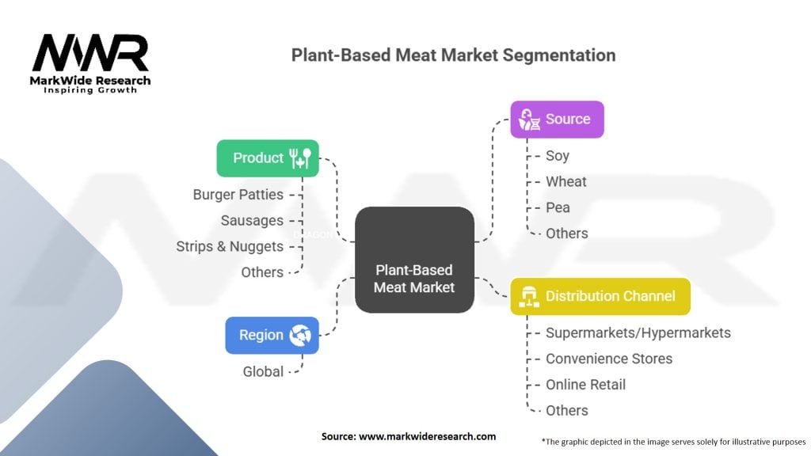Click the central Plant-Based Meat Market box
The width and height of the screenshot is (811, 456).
click(414, 260)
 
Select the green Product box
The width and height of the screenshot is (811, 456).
click(268, 158)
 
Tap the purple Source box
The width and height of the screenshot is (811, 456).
click(557, 120)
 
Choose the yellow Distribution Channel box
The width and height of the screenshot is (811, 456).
click(600, 296)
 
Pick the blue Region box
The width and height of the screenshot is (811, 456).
click(272, 335)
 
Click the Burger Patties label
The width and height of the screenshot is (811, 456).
click(238, 195)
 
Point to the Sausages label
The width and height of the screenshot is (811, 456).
click(252, 220)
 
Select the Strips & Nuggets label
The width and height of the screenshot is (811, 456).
click(230, 246)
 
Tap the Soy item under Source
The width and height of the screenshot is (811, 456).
click(558, 156)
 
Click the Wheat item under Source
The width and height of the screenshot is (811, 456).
click(566, 182)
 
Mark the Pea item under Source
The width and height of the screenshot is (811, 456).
click(558, 207)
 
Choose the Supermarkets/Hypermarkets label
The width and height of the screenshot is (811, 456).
click(638, 332)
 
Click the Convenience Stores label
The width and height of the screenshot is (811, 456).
click(609, 359)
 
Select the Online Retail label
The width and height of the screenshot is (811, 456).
click(585, 385)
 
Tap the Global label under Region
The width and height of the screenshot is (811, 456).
click(263, 371)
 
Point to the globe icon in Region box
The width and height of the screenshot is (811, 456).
click(300, 335)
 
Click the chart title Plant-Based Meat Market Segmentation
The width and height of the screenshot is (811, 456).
click(453, 55)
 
